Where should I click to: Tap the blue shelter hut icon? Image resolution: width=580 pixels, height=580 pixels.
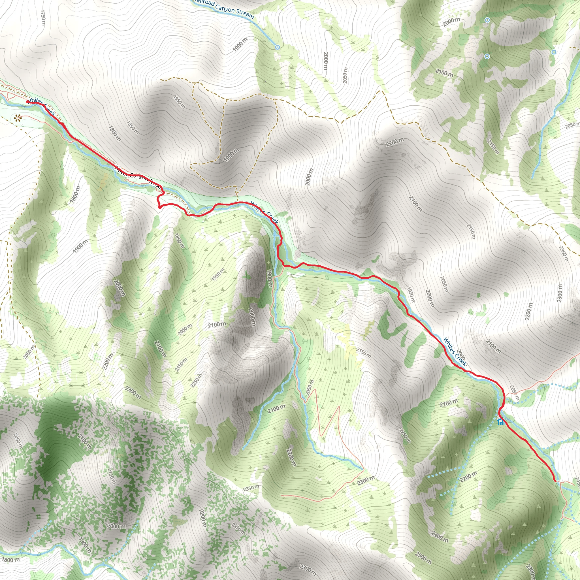click(500, 422)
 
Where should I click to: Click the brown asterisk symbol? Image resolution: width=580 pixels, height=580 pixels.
click(17, 118)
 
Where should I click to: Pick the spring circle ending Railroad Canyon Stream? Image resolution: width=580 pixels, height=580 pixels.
click(277, 47)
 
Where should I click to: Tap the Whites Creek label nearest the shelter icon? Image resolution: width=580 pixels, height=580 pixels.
click(455, 352)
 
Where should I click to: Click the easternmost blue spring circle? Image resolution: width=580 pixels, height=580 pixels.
click(554, 52)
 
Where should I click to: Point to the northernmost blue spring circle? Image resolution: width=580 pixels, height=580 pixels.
click(488, 20)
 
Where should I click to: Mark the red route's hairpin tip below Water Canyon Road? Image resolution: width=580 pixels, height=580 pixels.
click(159, 207)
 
